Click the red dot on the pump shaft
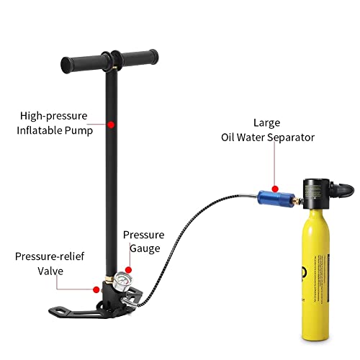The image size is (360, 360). [x=112, y=125]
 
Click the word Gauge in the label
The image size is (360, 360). [x=143, y=248]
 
